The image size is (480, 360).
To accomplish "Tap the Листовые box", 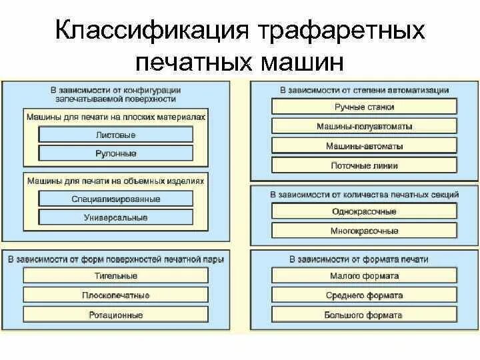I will tap(115, 135).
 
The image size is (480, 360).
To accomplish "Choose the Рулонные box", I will tap(115, 153).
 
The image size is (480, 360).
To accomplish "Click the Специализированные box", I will tap(115, 199).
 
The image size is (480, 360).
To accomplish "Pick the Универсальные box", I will tap(115, 217).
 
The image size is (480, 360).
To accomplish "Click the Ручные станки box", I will tap(364, 107).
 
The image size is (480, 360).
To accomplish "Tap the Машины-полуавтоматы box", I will tap(364, 126).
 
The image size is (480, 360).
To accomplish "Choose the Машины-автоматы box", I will tap(364, 146).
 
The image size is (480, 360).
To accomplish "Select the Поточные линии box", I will tap(364, 165).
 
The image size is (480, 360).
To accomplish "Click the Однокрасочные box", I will tap(364, 211).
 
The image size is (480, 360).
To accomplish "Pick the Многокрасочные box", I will tap(364, 231).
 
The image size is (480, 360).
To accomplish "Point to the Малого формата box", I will tap(364, 276).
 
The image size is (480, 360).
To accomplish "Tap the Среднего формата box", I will tap(364, 295).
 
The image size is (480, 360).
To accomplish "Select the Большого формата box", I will tap(364, 315).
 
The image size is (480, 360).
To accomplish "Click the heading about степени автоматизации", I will tap(364, 90).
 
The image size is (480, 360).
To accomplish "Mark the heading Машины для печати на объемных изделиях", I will tap(115, 181).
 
